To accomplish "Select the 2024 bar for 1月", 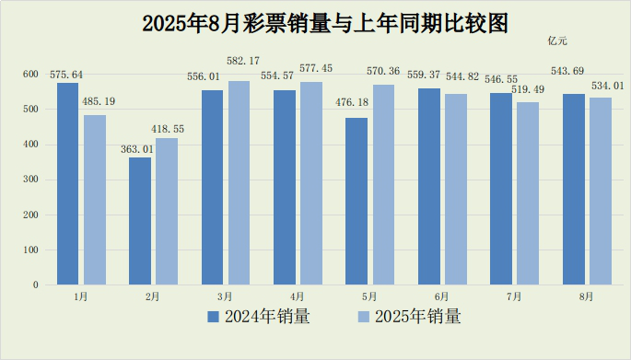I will coord(67,183).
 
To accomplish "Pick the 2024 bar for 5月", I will coord(356,201).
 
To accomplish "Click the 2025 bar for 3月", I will coord(239,182).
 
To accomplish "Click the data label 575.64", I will coord(65,75).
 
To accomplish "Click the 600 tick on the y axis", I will coord(30,75).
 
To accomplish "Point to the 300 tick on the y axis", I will coord(30,180).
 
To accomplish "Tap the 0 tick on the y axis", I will coord(36,285).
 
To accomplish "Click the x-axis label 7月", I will coord(514,296).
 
